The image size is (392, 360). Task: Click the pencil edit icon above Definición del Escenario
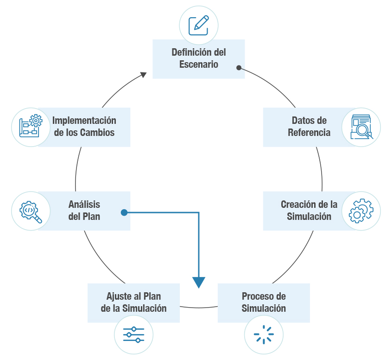tap(199, 25)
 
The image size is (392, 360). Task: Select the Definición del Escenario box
tap(199, 58)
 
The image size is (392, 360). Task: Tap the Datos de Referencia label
tap(309, 127)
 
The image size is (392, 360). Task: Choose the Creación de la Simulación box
tap(309, 211)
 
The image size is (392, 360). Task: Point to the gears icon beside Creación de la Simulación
tap(361, 211)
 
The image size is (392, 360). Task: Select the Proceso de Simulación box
tap(264, 302)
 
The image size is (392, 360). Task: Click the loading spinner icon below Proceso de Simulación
tap(264, 334)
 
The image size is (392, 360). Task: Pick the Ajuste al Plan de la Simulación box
tap(133, 302)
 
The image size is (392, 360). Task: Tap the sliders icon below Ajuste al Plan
tap(133, 334)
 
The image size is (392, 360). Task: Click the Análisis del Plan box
tap(84, 211)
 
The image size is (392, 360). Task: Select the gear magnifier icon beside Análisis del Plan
tap(30, 211)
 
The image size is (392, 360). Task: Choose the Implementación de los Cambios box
tap(84, 127)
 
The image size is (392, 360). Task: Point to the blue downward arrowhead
tap(199, 282)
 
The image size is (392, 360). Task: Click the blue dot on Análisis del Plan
tap(124, 213)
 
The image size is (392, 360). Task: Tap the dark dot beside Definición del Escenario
tap(239, 68)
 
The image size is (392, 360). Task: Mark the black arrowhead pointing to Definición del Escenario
tap(144, 74)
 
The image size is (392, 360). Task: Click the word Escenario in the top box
tap(199, 64)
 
